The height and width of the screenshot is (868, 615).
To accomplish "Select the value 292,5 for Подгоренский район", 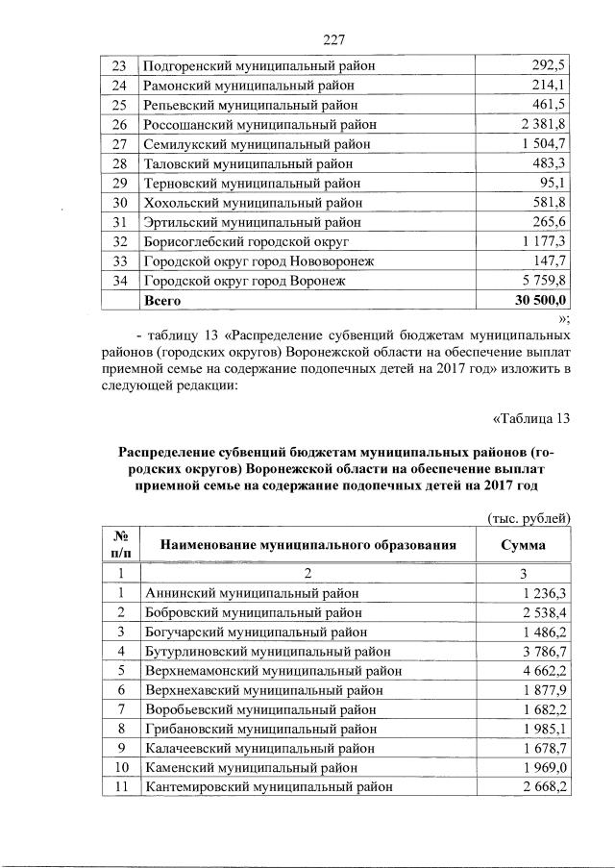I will coord(551,65).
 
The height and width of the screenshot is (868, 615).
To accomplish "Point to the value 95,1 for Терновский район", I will coord(554,183).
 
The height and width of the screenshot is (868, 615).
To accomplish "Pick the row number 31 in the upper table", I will coord(120,222).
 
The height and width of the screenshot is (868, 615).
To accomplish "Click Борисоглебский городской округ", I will coord(245,241).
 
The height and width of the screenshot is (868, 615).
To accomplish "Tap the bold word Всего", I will coord(162,300).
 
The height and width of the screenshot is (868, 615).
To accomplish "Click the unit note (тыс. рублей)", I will coord(529,518).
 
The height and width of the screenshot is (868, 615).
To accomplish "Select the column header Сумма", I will coord(524,545).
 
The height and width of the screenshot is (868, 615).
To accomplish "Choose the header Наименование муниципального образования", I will coord(307,545).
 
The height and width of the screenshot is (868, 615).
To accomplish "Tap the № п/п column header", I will coord(121,544).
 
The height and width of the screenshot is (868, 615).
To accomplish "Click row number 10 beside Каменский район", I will coord(121,768).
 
